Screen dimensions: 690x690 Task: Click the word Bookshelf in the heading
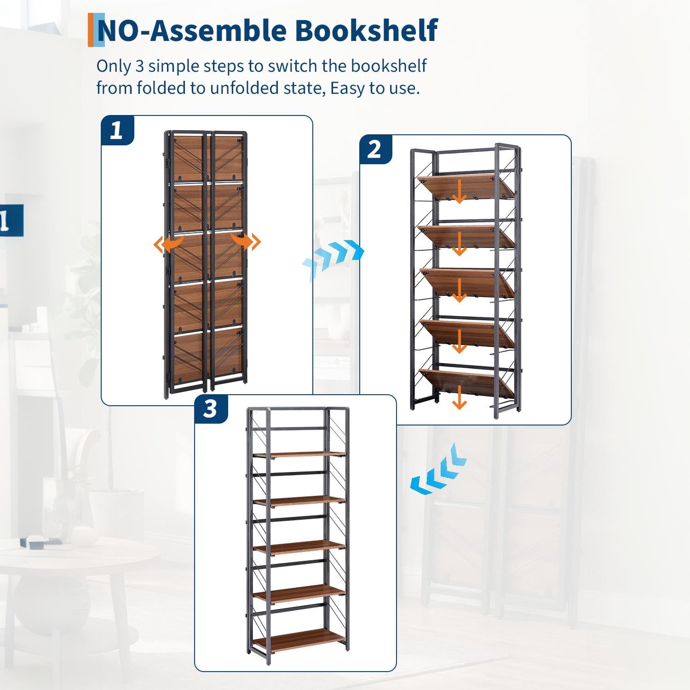(x=366, y=31)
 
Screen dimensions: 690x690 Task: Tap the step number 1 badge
(x=117, y=130)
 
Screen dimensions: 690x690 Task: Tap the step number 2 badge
(x=376, y=149)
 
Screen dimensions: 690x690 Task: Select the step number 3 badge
(x=211, y=409)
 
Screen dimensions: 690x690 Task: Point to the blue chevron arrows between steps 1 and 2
(x=333, y=259)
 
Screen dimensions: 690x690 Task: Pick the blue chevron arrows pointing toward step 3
(x=437, y=470)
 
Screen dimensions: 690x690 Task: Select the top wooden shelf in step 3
(x=299, y=454)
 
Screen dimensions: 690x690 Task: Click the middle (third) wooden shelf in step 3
(x=299, y=547)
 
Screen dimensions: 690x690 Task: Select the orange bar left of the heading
(x=91, y=30)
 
